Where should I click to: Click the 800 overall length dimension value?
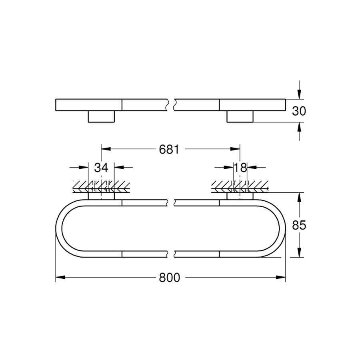[x=169, y=278]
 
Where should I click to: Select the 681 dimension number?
[x=169, y=150]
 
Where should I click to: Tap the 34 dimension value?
[x=101, y=168]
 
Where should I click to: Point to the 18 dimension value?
[x=240, y=168]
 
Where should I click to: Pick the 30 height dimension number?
[x=299, y=111]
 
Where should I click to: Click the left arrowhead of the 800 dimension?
[x=60, y=277]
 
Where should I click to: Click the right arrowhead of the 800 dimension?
[x=281, y=277]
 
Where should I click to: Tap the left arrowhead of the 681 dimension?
[x=106, y=149]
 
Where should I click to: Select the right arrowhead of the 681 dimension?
[x=235, y=149]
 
